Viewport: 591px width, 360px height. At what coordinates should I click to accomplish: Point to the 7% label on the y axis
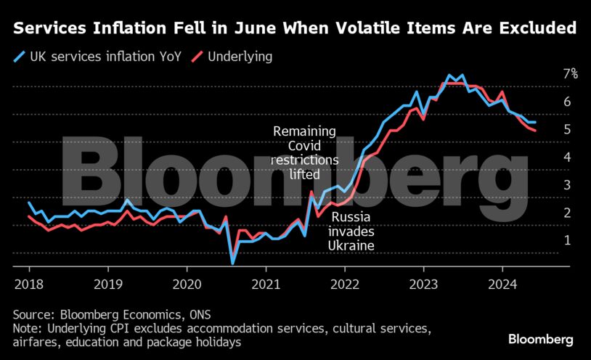point(570,73)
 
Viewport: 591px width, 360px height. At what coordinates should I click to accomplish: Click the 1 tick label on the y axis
point(568,240)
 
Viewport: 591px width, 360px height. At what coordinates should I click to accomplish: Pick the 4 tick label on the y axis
point(568,157)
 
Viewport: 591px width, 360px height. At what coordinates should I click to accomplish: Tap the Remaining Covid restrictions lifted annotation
point(304,153)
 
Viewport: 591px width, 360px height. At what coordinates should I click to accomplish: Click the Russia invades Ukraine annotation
point(351,232)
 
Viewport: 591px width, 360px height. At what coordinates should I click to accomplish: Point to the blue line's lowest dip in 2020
point(232,263)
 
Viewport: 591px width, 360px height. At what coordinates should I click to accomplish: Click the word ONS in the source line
point(183,314)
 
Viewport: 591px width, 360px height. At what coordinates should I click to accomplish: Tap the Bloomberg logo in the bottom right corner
point(541,339)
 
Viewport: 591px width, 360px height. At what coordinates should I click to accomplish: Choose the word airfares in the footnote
point(37,342)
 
